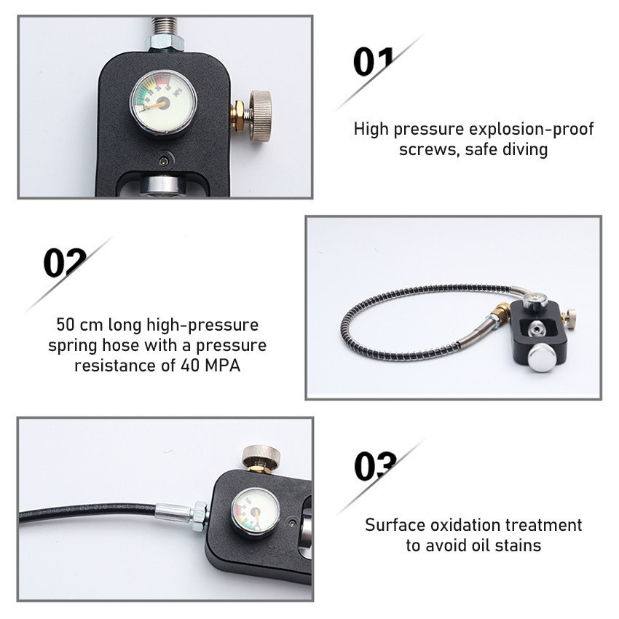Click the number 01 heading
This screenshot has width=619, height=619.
click(x=374, y=62)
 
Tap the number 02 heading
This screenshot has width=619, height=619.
click(x=65, y=263)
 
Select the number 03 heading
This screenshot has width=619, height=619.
click(x=376, y=466)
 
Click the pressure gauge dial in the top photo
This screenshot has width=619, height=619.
click(x=163, y=102)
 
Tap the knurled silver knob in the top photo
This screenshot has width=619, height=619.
click(x=259, y=111)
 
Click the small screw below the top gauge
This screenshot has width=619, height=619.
click(x=163, y=160)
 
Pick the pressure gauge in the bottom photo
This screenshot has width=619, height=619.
click(x=256, y=508)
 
